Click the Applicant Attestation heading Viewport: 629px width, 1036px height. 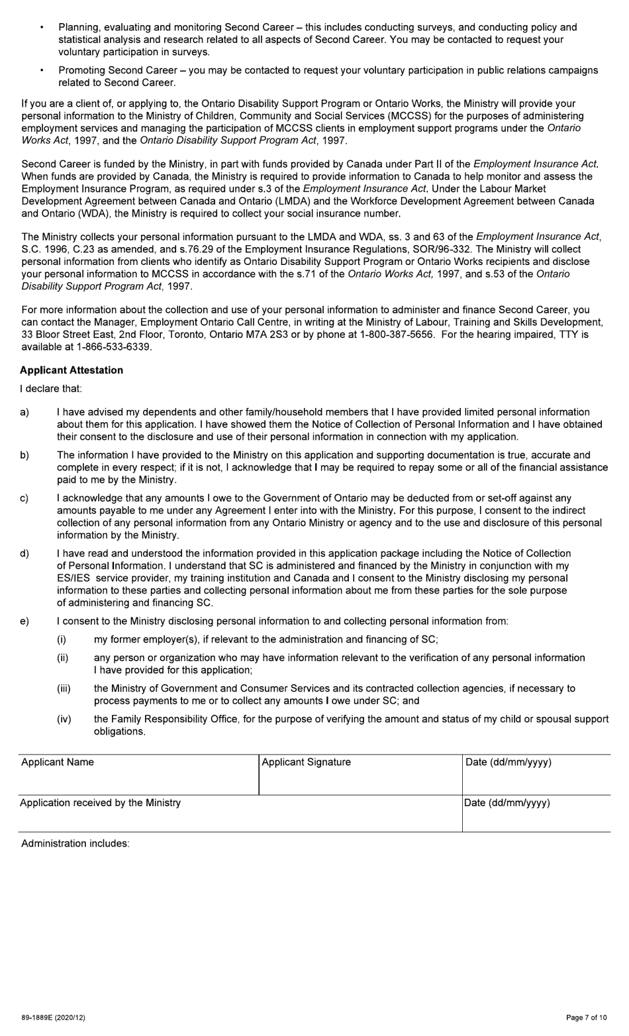(72, 370)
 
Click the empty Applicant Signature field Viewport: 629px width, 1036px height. (360, 780)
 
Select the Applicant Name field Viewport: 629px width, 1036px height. (138, 780)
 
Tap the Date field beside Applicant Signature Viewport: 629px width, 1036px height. (536, 780)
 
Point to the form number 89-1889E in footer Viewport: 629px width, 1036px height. (53, 1017)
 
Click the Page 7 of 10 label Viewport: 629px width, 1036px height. (586, 1017)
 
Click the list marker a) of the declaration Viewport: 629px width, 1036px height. (24, 412)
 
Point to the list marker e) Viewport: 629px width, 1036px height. (24, 621)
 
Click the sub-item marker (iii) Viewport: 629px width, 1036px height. (64, 688)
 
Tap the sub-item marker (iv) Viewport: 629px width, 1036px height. (64, 719)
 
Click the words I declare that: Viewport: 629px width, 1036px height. (51, 388)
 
